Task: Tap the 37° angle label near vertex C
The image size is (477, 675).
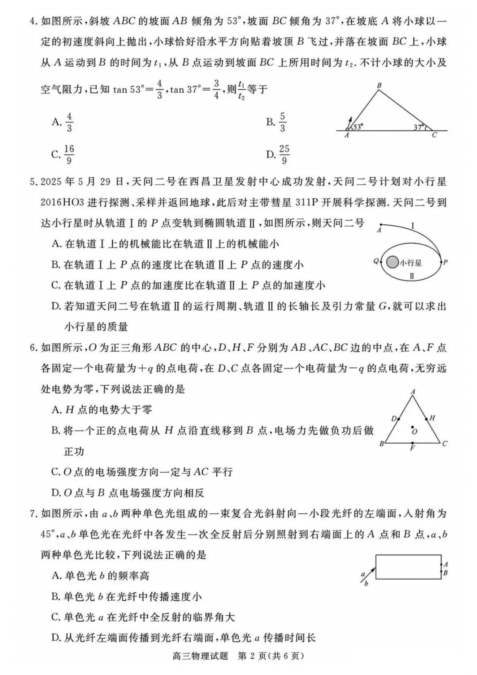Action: tap(419, 127)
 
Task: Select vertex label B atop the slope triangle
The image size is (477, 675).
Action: tap(379, 85)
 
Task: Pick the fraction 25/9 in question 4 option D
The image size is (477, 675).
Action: tap(284, 155)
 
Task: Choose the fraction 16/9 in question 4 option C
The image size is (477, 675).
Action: tap(69, 155)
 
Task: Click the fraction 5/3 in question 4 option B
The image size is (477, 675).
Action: tap(283, 122)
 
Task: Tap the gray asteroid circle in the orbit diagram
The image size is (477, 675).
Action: tap(392, 262)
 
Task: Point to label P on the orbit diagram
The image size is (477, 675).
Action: tap(445, 262)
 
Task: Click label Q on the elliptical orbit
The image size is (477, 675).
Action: tap(376, 261)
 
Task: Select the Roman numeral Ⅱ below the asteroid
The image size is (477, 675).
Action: tap(412, 277)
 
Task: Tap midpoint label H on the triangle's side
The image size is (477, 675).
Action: tap(432, 417)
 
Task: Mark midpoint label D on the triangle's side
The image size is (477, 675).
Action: tap(394, 418)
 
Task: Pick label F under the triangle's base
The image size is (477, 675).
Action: tap(412, 448)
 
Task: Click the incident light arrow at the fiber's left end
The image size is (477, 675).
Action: tap(370, 573)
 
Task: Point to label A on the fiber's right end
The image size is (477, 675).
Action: tap(446, 564)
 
